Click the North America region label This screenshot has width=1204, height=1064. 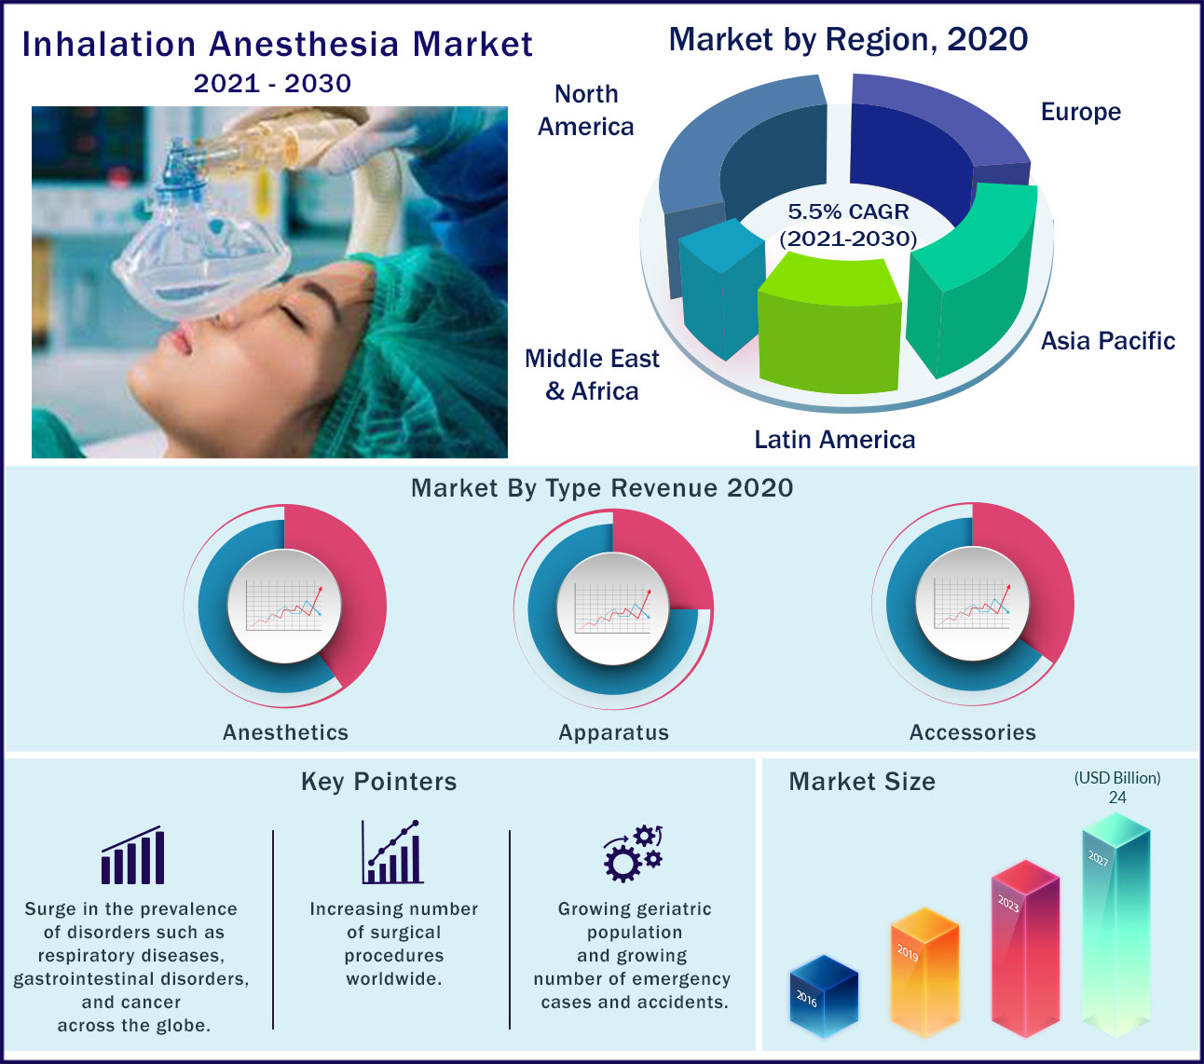[x=586, y=110]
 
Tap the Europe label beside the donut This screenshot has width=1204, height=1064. [x=1080, y=112]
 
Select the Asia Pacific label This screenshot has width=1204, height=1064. [x=1107, y=341]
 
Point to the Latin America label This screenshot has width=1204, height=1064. [x=834, y=440]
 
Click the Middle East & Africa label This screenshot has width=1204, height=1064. [x=592, y=375]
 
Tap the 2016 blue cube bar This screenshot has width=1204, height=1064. [x=823, y=997]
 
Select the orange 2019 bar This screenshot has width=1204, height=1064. [x=924, y=974]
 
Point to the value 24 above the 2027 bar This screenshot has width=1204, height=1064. [x=1117, y=798]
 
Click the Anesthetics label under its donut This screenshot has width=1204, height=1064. [x=285, y=732]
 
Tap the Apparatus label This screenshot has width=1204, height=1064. [x=613, y=732]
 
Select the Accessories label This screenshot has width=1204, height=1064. [x=972, y=732]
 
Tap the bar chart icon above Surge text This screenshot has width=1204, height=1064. [x=132, y=855]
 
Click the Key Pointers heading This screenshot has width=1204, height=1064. [x=378, y=782]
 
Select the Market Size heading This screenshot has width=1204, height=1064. [x=861, y=782]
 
